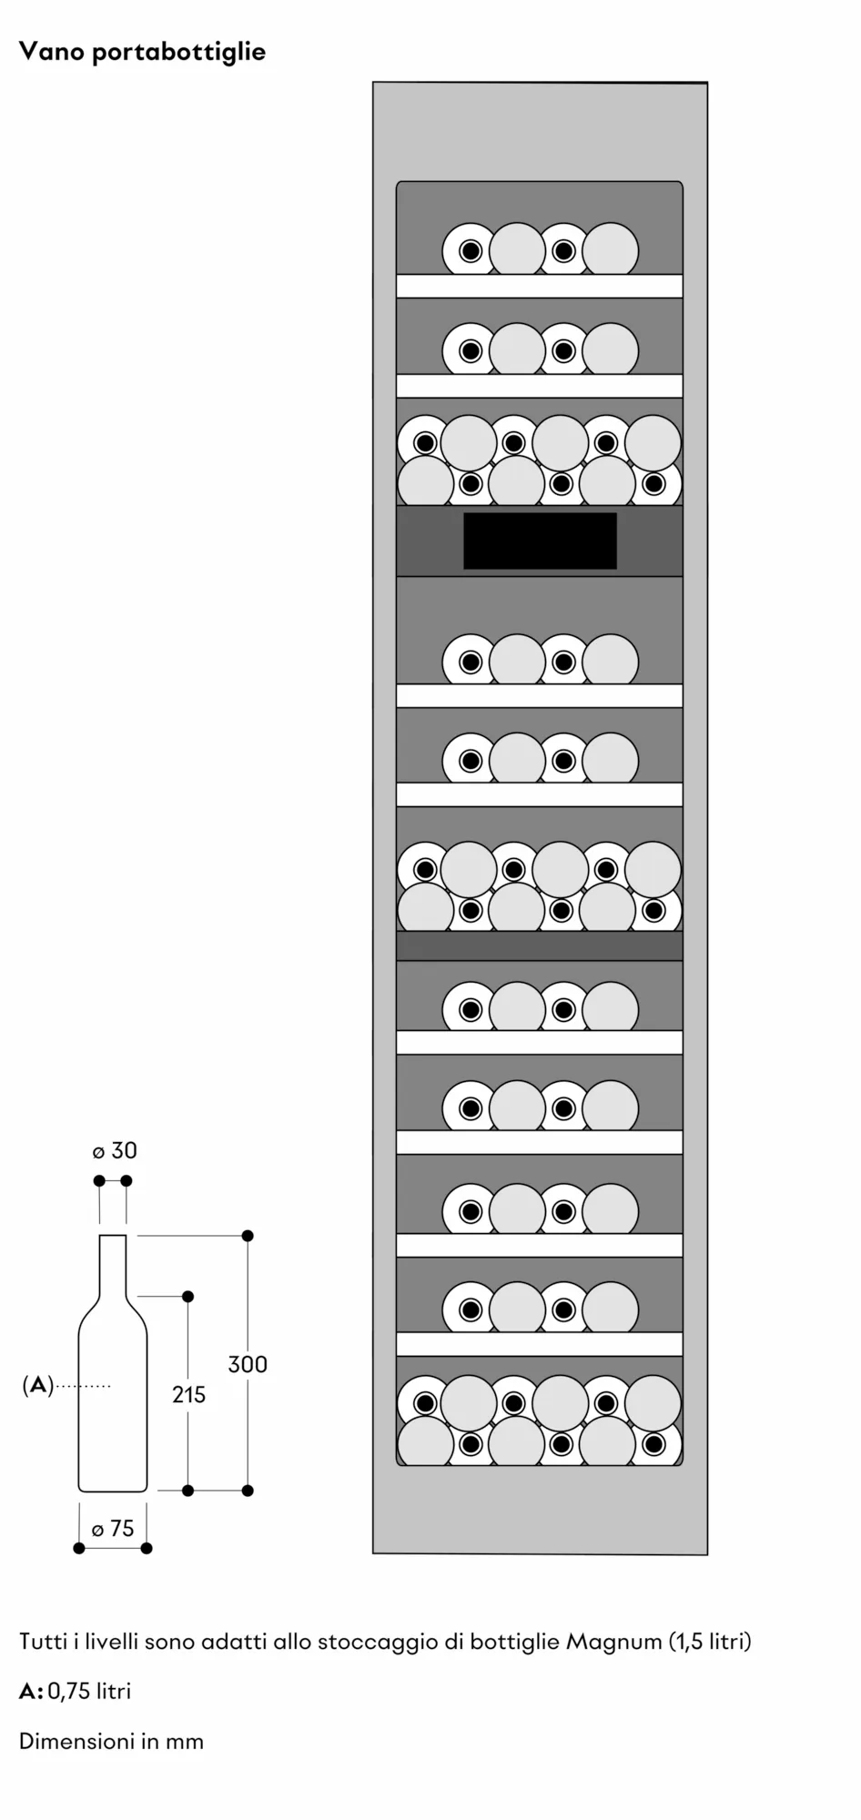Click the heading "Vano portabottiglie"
point(142,52)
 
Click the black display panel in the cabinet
point(540,541)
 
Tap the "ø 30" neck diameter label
point(115,1150)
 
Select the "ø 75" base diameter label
point(113,1528)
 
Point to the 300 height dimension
point(248,1363)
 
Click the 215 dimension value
point(189,1393)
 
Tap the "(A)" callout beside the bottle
point(37,1385)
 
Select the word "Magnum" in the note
point(614,1642)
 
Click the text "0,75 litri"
point(89,1691)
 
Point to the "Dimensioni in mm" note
point(111,1741)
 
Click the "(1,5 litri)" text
point(711,1642)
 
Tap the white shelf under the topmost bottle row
point(540,286)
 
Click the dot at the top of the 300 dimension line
point(248,1236)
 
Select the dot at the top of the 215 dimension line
point(188,1296)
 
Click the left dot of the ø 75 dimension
point(79,1548)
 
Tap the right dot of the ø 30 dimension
point(127,1180)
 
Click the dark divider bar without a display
point(540,945)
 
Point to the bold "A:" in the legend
point(31,1691)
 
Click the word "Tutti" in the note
point(42,1642)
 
